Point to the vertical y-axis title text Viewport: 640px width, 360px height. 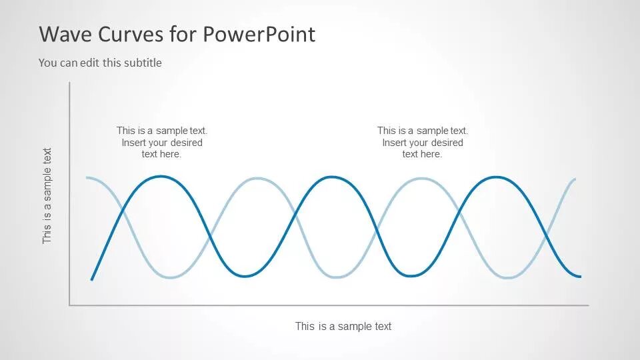(x=47, y=195)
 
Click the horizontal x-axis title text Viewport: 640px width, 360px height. (x=343, y=326)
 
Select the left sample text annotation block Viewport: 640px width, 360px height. (x=162, y=143)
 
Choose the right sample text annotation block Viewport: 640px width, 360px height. (x=423, y=143)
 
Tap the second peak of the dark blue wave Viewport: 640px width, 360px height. (x=329, y=177)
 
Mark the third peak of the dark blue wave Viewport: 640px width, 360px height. (x=495, y=177)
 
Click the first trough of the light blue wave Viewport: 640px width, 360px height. (x=171, y=277)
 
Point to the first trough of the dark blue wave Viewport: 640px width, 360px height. (x=246, y=276)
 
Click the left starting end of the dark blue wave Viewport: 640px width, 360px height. (x=92, y=279)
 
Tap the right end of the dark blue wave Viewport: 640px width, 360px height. (x=580, y=276)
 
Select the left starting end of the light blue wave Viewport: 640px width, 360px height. (x=87, y=178)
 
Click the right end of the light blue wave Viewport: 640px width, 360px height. (x=575, y=179)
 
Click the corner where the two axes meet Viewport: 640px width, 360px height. (x=69, y=305)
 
